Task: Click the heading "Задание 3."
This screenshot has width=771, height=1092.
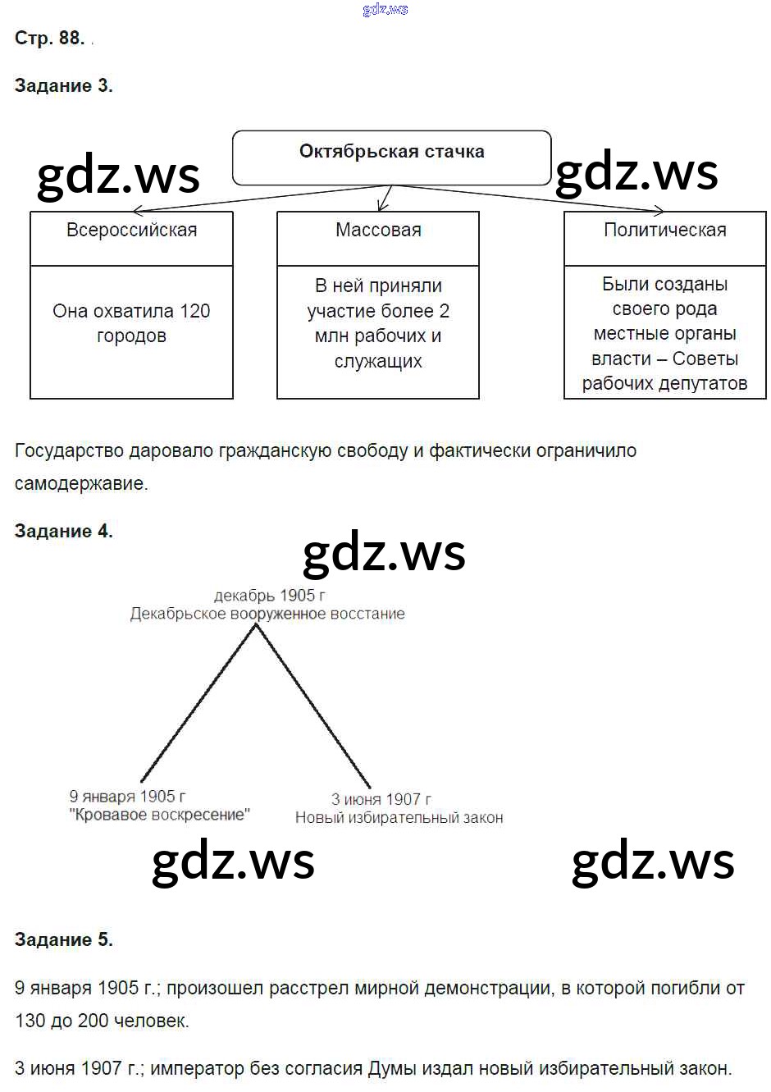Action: [63, 85]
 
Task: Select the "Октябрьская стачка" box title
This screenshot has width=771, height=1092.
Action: [391, 152]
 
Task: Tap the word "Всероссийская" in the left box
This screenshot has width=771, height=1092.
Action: [131, 230]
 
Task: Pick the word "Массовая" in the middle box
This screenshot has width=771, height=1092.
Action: [378, 230]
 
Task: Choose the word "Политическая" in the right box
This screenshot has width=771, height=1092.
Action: [664, 230]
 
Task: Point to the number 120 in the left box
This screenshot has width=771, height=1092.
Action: [195, 311]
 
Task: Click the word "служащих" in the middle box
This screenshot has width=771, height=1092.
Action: [378, 361]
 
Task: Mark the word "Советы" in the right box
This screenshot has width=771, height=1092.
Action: [705, 359]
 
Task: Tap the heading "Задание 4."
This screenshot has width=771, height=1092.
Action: [63, 531]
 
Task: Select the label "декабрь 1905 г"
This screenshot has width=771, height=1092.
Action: [269, 596]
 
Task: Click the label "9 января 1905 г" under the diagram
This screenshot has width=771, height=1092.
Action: [127, 796]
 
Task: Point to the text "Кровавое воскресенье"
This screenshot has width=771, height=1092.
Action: [160, 815]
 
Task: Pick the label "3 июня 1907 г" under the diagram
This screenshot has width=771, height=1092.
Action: [381, 798]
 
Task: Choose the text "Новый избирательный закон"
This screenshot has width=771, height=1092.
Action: [399, 817]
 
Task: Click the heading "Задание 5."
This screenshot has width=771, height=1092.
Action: [63, 939]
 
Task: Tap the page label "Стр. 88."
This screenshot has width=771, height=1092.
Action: [49, 38]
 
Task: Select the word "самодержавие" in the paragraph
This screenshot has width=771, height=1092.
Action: [80, 483]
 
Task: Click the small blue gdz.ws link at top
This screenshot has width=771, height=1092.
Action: [385, 9]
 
